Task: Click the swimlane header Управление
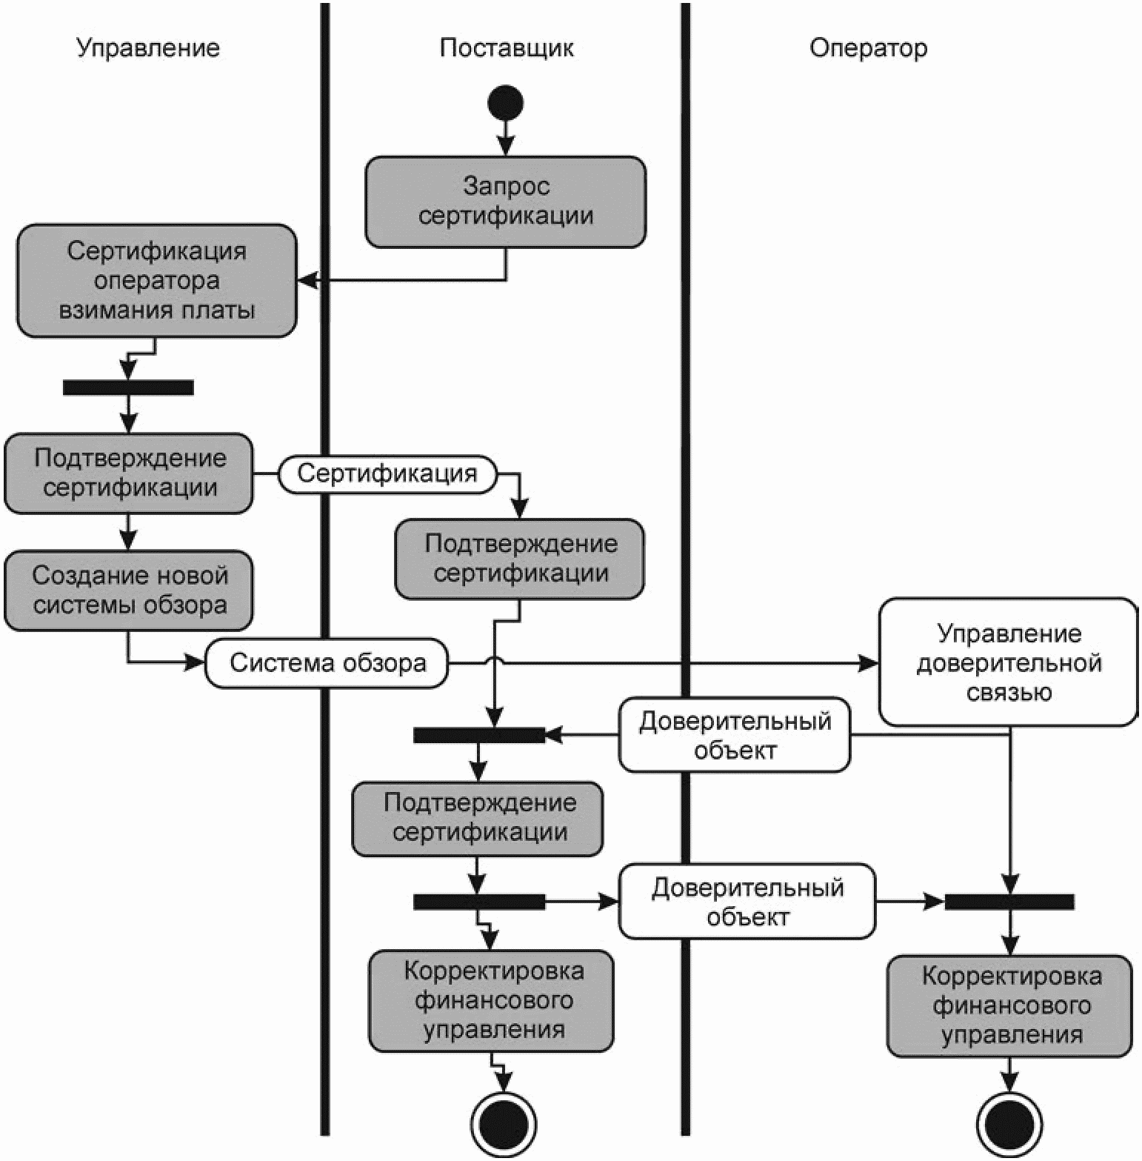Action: click(148, 48)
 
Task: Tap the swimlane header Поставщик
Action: click(507, 47)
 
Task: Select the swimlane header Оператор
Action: click(868, 48)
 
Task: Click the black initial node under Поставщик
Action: click(505, 102)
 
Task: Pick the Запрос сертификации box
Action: click(506, 202)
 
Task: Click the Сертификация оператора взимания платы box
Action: click(157, 281)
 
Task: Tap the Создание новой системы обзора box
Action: click(129, 591)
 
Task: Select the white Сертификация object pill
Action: click(387, 474)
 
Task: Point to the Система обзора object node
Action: click(327, 662)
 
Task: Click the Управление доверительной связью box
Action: click(1009, 662)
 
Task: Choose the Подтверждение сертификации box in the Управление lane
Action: click(129, 473)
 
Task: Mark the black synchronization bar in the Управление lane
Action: click(128, 387)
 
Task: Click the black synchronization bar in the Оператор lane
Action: click(1009, 902)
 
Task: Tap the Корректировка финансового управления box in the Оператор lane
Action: click(1010, 1006)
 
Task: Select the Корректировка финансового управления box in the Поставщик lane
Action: click(492, 1001)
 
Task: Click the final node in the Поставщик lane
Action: click(504, 1125)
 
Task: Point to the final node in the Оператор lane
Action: click(1009, 1125)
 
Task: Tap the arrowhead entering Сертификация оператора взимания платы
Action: click(307, 281)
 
